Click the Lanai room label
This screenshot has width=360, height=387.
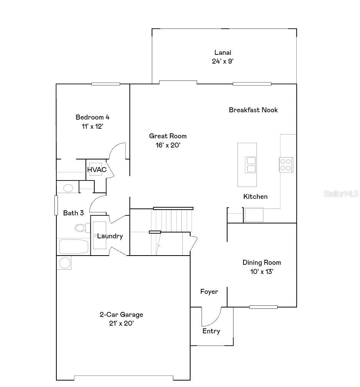click(223, 52)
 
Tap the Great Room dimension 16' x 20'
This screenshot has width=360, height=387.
click(168, 145)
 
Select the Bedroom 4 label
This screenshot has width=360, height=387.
click(92, 117)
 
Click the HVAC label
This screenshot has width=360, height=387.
click(97, 169)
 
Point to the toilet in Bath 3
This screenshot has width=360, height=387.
click(80, 228)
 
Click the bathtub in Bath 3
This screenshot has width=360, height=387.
click(73, 246)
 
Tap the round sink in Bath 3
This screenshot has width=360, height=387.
click(68, 188)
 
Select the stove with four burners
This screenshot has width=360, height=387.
click(286, 164)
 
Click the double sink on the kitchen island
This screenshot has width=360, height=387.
click(251, 165)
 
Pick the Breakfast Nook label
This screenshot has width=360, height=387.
click(253, 110)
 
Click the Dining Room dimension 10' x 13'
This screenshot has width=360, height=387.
click(261, 272)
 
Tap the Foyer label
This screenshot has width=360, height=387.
click(209, 292)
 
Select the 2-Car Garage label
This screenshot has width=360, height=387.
click(121, 315)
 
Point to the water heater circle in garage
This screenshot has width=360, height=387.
click(64, 263)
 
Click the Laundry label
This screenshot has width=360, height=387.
click(110, 236)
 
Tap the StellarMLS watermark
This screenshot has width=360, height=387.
click(341, 194)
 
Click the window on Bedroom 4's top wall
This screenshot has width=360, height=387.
click(105, 84)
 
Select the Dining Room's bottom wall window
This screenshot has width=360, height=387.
click(263, 307)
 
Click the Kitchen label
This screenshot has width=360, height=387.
click(255, 197)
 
